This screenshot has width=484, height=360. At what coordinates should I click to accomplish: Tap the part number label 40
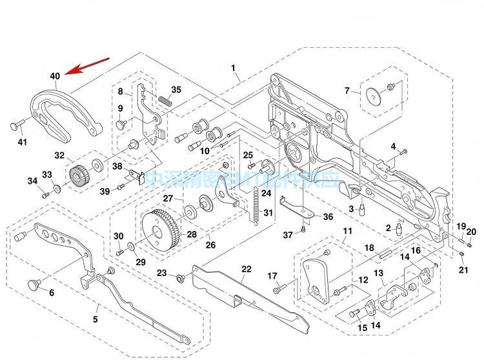(x=55, y=76)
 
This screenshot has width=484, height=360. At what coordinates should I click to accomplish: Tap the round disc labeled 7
(x=373, y=95)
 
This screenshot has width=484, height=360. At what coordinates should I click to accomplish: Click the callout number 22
(x=247, y=269)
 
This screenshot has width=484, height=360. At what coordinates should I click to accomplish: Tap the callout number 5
(x=96, y=319)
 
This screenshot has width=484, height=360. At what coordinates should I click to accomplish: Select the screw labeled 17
(x=277, y=290)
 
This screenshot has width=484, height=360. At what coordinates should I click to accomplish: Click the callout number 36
(x=328, y=217)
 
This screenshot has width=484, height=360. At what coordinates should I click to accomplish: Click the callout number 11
(x=347, y=231)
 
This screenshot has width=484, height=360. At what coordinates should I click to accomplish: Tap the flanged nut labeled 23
(x=180, y=277)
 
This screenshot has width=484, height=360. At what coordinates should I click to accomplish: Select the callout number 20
(x=471, y=232)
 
